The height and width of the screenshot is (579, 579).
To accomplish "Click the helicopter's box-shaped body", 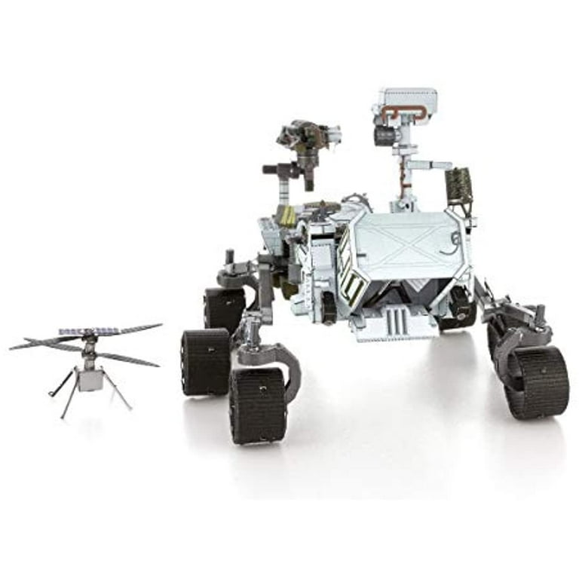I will point(90,379).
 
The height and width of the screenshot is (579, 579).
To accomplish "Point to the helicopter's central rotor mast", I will point(90,351).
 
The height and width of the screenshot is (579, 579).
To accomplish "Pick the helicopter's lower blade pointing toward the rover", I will point(128,359).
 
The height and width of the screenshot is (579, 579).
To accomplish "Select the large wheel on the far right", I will point(537,381).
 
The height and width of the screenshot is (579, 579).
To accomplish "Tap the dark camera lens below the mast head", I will point(385,136).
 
